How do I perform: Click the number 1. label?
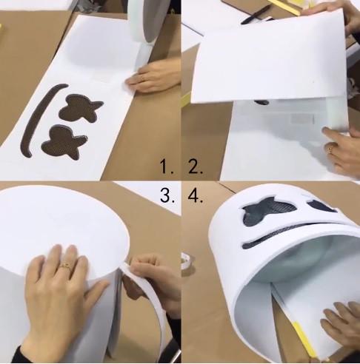tap(167, 166)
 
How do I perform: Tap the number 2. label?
tap(196, 166)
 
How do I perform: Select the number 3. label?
tap(167, 195)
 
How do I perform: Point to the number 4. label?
tap(196, 195)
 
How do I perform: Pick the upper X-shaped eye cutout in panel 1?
tap(79, 108)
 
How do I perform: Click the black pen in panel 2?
tap(256, 15)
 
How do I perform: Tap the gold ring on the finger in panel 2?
tap(330, 149)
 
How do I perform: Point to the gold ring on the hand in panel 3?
tap(66, 266)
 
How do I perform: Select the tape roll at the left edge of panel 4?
tap(187, 261)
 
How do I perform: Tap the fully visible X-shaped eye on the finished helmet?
tap(268, 210)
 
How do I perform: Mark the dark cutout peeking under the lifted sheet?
tap(262, 102)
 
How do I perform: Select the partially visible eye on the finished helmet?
tap(321, 206)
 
